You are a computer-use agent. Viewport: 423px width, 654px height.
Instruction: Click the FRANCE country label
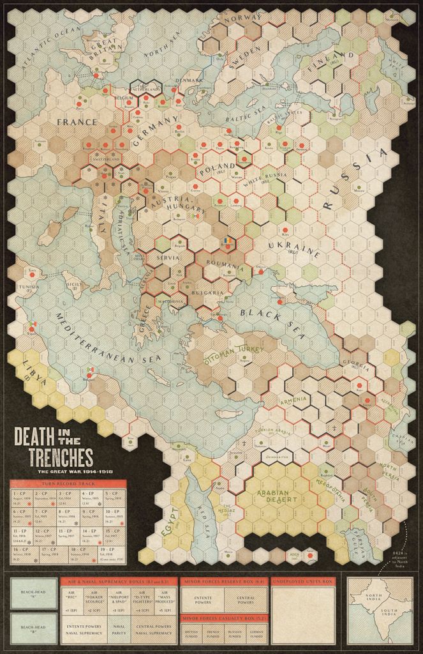(x=77, y=121)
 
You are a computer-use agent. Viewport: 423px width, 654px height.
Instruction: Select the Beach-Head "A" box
(x=31, y=592)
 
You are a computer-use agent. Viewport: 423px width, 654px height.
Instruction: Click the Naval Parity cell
(x=119, y=632)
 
